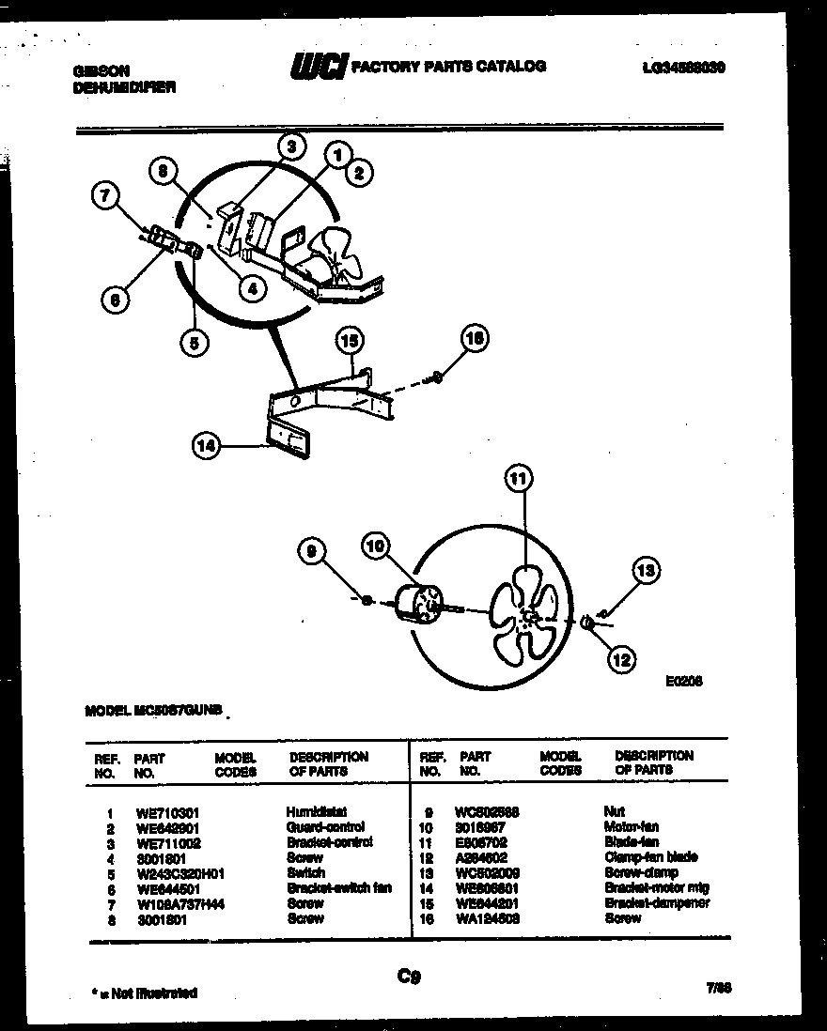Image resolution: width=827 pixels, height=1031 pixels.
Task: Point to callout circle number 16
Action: tap(476, 340)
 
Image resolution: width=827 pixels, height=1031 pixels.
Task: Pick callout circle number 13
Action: tap(647, 570)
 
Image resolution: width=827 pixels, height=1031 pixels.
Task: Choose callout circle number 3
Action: tap(291, 146)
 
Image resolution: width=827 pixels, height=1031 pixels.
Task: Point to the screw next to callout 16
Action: tap(435, 378)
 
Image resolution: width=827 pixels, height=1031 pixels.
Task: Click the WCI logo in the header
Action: tap(318, 67)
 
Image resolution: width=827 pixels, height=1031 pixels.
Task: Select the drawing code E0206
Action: tap(683, 682)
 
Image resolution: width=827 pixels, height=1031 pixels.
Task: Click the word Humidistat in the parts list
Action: tap(311, 811)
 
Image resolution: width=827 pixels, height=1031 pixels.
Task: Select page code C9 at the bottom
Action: tap(409, 977)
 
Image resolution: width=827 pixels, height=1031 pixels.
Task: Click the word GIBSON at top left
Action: tap(101, 69)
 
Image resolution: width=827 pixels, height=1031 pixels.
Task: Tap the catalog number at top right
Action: tap(681, 68)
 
